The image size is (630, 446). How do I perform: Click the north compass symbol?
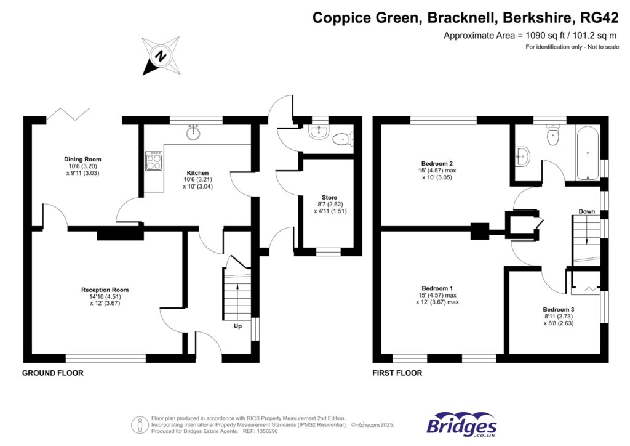coord(161,56)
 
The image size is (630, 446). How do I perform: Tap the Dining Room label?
coord(82,160)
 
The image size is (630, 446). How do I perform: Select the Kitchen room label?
coord(198,173)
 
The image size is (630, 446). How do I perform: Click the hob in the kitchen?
coord(153,161)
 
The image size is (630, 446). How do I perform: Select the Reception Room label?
coord(105,290)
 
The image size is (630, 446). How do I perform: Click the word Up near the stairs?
coord(237,326)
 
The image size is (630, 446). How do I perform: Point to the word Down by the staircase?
coord(586,211)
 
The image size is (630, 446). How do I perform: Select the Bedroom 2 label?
coord(430,164)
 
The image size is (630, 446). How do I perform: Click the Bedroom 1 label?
coord(437,288)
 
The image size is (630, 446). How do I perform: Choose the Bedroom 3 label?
coord(558,309)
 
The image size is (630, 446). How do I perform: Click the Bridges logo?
coord(461,425)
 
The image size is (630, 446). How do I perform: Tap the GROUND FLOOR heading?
coord(53,373)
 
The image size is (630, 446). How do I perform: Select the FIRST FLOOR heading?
coord(397,373)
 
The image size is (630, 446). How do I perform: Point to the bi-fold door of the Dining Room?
coord(70,113)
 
